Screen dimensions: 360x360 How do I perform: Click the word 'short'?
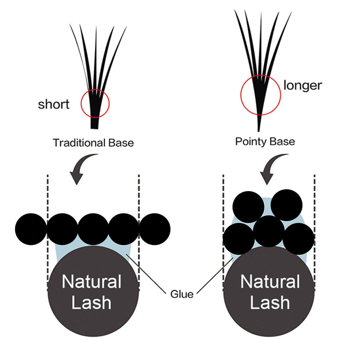54,104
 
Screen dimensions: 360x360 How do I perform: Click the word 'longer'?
303,85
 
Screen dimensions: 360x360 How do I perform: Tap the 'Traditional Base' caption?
93,143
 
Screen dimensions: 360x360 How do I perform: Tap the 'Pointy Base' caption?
265,141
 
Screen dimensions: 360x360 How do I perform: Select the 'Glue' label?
182,294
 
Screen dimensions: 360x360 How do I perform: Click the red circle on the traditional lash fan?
95,103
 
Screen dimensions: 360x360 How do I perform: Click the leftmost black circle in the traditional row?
31,229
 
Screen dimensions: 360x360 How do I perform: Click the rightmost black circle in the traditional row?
155,229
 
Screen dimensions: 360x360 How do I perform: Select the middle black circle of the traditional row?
93,229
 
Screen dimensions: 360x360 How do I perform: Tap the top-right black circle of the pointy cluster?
286,205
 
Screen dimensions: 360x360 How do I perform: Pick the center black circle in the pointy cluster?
269,231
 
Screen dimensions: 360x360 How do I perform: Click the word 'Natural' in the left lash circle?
91,282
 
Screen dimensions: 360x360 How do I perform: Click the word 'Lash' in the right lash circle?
270,303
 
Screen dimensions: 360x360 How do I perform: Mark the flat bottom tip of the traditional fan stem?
95,127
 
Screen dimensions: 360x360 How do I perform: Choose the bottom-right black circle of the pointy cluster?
298,239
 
